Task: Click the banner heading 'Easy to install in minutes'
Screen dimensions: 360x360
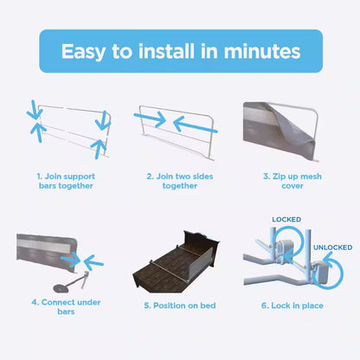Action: (x=180, y=51)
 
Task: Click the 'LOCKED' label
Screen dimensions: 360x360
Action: (x=286, y=220)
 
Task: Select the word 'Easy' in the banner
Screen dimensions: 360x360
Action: (x=84, y=51)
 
